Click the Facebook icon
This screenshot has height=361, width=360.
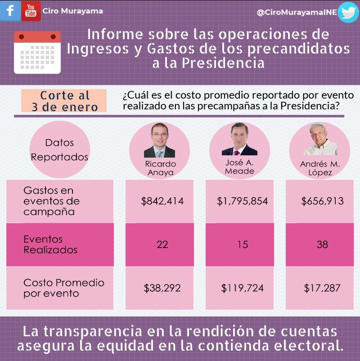point(10,10)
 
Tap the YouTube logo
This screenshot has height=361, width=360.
point(31,11)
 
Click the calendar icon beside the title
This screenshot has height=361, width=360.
point(37,52)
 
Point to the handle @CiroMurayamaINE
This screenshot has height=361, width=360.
point(296,13)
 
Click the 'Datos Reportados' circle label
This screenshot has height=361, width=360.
point(60,150)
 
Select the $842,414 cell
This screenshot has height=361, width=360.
point(162,201)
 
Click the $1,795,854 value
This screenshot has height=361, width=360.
point(242,201)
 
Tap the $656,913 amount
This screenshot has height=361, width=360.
point(322,201)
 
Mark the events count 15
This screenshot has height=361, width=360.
point(242,244)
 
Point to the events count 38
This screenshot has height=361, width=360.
point(322,244)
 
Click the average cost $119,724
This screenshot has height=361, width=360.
point(242,288)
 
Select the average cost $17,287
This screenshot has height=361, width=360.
point(322,288)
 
